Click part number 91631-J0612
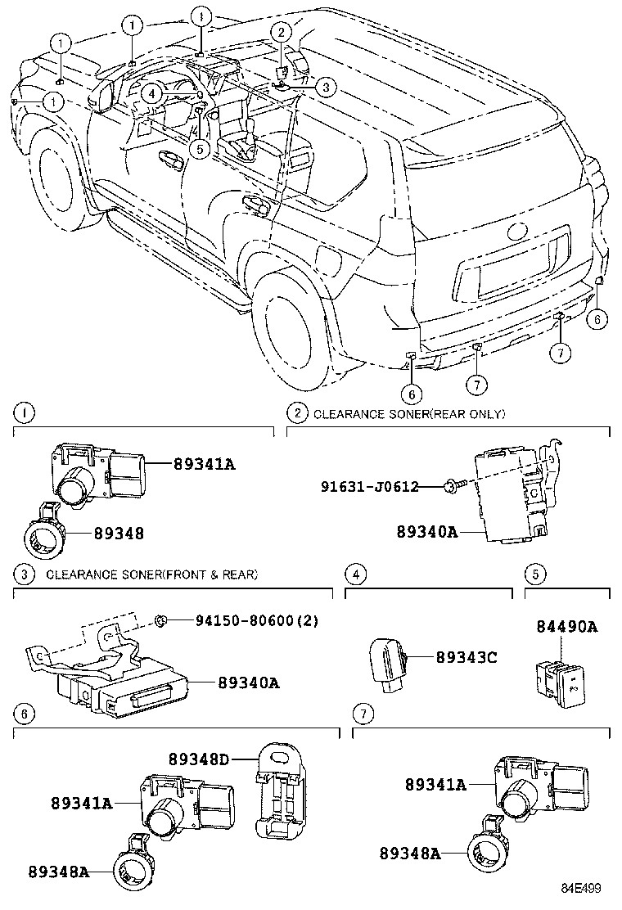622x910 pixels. coord(369,487)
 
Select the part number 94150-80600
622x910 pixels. coord(245,620)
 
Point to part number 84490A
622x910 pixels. coord(566,628)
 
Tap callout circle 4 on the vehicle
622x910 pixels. coord(152,93)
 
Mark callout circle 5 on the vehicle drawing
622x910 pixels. coord(199,148)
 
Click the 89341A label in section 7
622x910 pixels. coord(435,785)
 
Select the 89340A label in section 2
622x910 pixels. coord(427,533)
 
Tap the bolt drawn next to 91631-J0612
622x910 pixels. coord(452,488)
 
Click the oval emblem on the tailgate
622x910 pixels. coord(519,232)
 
